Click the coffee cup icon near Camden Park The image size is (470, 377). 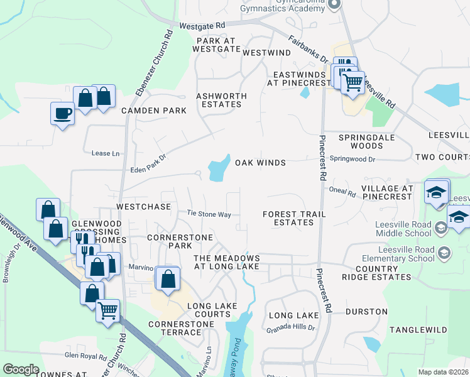click(x=62, y=114)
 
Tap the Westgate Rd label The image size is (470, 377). click(x=202, y=26)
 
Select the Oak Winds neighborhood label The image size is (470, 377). click(x=260, y=163)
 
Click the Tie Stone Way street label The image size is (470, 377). click(x=209, y=214)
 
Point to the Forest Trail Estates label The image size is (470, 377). click(x=294, y=218)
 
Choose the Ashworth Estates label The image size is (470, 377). click(x=221, y=100)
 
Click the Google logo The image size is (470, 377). click(x=21, y=369)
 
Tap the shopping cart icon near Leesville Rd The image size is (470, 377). click(x=352, y=82)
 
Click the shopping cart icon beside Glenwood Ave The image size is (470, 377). click(x=108, y=310)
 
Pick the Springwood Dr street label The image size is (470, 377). click(x=352, y=160)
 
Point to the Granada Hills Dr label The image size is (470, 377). click(x=290, y=328)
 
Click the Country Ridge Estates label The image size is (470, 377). click(x=376, y=272)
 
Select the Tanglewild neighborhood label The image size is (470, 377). click(x=418, y=330)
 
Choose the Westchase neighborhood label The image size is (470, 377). click(x=144, y=206)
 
